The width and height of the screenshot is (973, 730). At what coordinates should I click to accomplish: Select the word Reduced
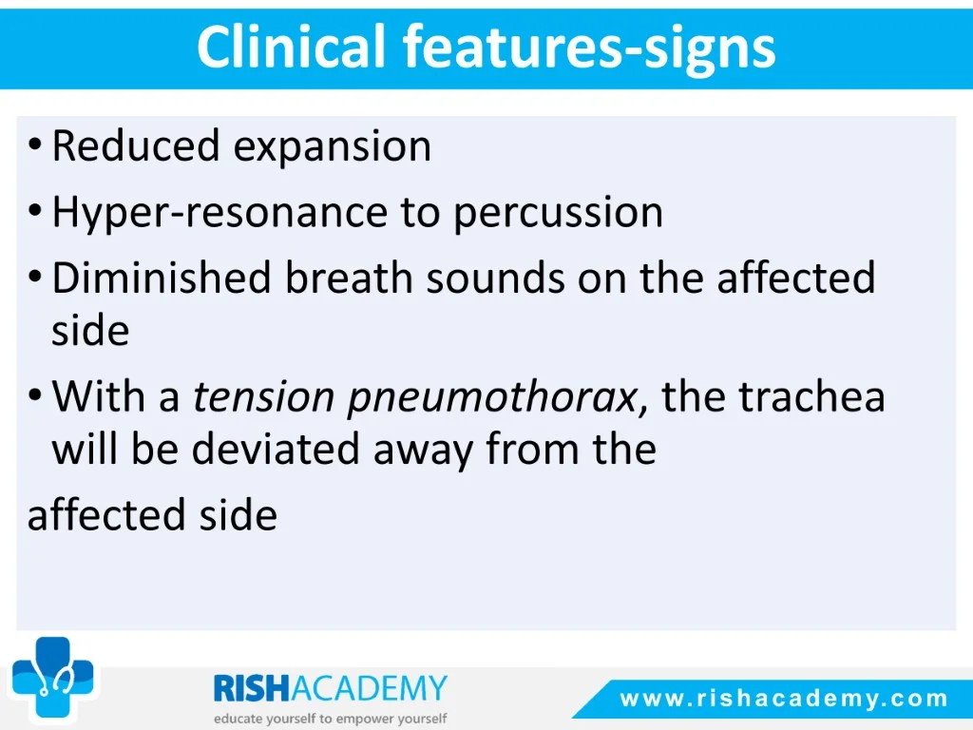tap(136, 145)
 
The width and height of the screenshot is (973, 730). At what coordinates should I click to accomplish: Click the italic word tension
tap(263, 397)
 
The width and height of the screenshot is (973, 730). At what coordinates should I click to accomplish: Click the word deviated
tap(276, 449)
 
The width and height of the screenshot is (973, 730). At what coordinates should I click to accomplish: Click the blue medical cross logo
tap(53, 677)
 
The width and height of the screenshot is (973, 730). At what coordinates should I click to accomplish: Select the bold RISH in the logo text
tap(251, 688)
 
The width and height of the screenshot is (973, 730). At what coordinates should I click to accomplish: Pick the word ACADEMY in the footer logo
tap(369, 688)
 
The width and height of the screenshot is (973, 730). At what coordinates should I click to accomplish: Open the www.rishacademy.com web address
tap(784, 699)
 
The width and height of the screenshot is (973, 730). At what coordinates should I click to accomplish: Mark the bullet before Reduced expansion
tap(35, 145)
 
